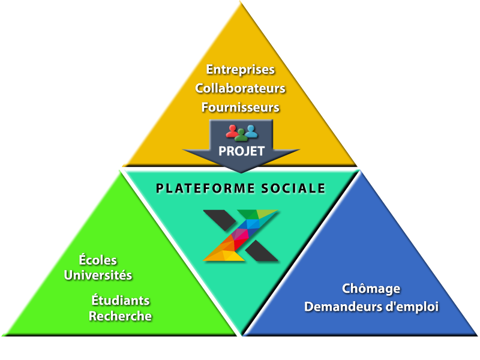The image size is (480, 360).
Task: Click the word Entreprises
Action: click(x=240, y=70)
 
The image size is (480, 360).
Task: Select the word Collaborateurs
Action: click(x=240, y=89)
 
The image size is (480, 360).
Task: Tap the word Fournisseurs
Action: click(x=240, y=108)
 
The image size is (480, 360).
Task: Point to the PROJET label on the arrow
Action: click(x=241, y=151)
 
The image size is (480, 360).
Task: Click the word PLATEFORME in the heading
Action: click(x=199, y=188)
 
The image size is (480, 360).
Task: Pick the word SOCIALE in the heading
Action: click(x=293, y=188)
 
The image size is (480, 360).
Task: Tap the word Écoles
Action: click(x=98, y=260)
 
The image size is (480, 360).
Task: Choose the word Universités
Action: click(x=98, y=275)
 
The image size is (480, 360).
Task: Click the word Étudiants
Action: click(x=121, y=300)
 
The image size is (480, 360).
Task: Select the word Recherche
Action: click(x=120, y=316)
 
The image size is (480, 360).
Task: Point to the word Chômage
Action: click(x=371, y=289)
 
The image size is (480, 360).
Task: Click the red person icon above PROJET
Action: click(x=231, y=130)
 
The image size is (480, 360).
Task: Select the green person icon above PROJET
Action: click(x=241, y=134)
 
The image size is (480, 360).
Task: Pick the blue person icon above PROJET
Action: click(x=251, y=130)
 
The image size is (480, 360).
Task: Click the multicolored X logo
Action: click(x=241, y=235)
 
